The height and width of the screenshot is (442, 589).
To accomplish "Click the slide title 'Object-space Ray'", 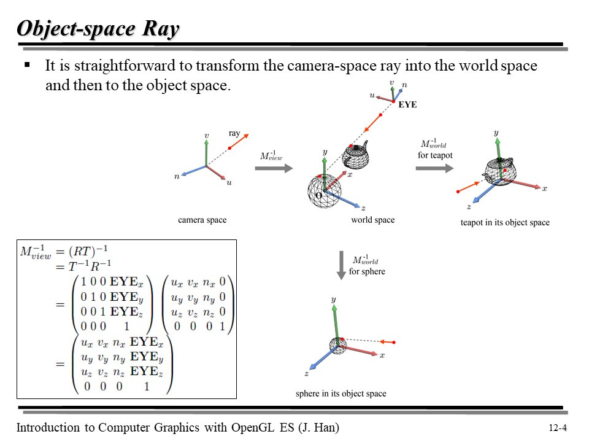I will click(x=98, y=29).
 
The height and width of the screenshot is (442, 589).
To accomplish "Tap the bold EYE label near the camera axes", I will click(x=407, y=105).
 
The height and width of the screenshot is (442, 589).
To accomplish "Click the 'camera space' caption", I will click(x=202, y=220).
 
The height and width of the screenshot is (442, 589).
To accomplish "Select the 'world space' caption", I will click(x=372, y=220).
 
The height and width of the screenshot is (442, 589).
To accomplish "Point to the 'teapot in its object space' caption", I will click(x=505, y=222).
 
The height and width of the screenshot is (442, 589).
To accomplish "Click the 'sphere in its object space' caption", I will click(x=341, y=394).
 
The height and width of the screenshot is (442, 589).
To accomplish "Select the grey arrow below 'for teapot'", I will click(x=434, y=166).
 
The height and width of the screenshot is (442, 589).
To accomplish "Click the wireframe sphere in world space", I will click(x=324, y=190).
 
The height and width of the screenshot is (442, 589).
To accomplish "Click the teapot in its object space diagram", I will click(x=502, y=171).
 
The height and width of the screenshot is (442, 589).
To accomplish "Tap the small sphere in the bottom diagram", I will click(x=337, y=346).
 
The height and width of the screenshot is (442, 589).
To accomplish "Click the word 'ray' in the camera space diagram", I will click(x=234, y=133).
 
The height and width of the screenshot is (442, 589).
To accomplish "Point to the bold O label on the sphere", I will click(x=318, y=195).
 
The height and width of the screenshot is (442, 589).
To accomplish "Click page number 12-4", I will click(x=557, y=428).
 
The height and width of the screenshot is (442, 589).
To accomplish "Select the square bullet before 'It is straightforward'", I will click(x=26, y=65).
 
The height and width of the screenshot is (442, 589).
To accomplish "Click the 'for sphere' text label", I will click(x=367, y=271).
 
